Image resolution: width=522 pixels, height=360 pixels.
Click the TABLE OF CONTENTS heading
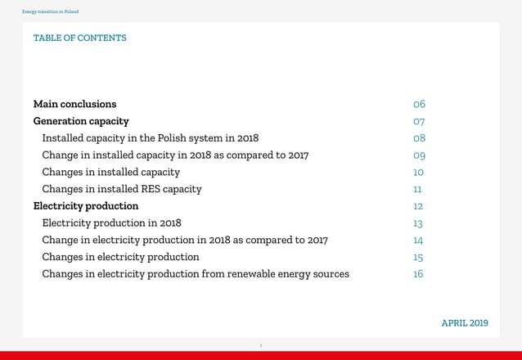click(79, 38)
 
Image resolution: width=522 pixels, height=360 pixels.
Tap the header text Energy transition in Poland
click(50, 11)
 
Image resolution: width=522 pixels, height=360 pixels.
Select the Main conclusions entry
click(74, 104)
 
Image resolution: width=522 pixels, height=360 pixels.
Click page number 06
click(419, 104)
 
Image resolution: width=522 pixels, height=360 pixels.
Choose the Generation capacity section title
click(81, 121)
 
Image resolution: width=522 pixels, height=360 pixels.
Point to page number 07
click(419, 121)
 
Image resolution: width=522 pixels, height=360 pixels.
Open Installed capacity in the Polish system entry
click(150, 138)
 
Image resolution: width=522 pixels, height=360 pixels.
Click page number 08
click(419, 138)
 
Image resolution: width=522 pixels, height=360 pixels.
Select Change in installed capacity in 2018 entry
click(175, 155)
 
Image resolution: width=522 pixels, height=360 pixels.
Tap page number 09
click(419, 155)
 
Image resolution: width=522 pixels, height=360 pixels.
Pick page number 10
click(418, 172)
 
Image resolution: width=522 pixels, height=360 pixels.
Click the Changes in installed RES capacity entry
click(121, 189)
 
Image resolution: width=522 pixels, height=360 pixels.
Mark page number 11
click(417, 189)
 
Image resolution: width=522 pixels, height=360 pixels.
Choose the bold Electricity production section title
click(86, 206)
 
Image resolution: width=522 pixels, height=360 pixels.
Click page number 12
click(418, 206)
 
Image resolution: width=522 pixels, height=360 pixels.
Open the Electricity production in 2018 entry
click(111, 223)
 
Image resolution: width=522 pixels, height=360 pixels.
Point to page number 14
click(418, 240)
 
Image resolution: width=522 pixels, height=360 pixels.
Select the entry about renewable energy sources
click(196, 274)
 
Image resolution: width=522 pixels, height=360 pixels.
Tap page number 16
click(418, 274)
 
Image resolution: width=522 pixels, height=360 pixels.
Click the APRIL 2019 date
click(464, 323)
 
